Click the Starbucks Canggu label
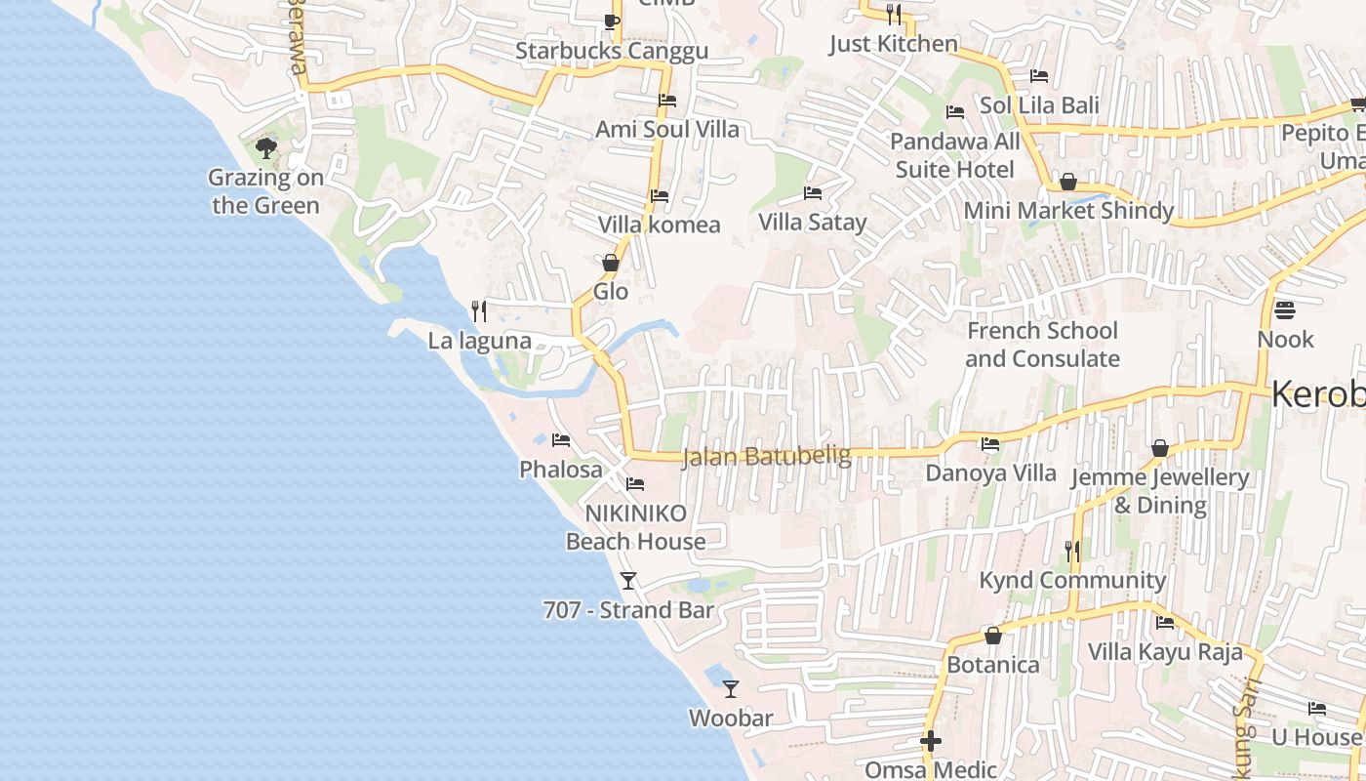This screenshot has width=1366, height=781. click(x=612, y=51)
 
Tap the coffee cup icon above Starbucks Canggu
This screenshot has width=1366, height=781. click(x=612, y=21)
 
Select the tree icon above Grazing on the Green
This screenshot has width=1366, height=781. click(x=265, y=148)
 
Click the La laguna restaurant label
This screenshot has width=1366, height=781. click(x=480, y=341)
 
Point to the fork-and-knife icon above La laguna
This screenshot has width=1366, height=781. click(x=479, y=311)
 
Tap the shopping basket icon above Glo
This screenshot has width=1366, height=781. click(x=611, y=263)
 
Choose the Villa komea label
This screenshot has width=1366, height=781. click(x=660, y=225)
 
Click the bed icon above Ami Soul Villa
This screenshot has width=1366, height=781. click(x=667, y=100)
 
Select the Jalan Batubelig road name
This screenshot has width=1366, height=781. click(x=767, y=456)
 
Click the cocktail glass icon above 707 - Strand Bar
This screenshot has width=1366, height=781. click(x=628, y=581)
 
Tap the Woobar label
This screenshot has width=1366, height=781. click(x=731, y=719)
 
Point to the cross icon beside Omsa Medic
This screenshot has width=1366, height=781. click(x=931, y=741)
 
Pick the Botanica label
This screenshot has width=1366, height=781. click(x=993, y=665)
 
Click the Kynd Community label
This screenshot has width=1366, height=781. click(x=1072, y=580)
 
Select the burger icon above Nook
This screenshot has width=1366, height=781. click(x=1285, y=310)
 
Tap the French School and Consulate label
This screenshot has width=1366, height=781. click(x=1043, y=345)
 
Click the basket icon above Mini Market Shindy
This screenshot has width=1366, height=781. click(x=1068, y=182)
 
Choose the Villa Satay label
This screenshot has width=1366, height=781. click(x=813, y=223)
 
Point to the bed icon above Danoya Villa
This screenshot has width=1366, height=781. click(x=990, y=444)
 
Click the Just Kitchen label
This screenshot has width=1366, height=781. click(x=894, y=44)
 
